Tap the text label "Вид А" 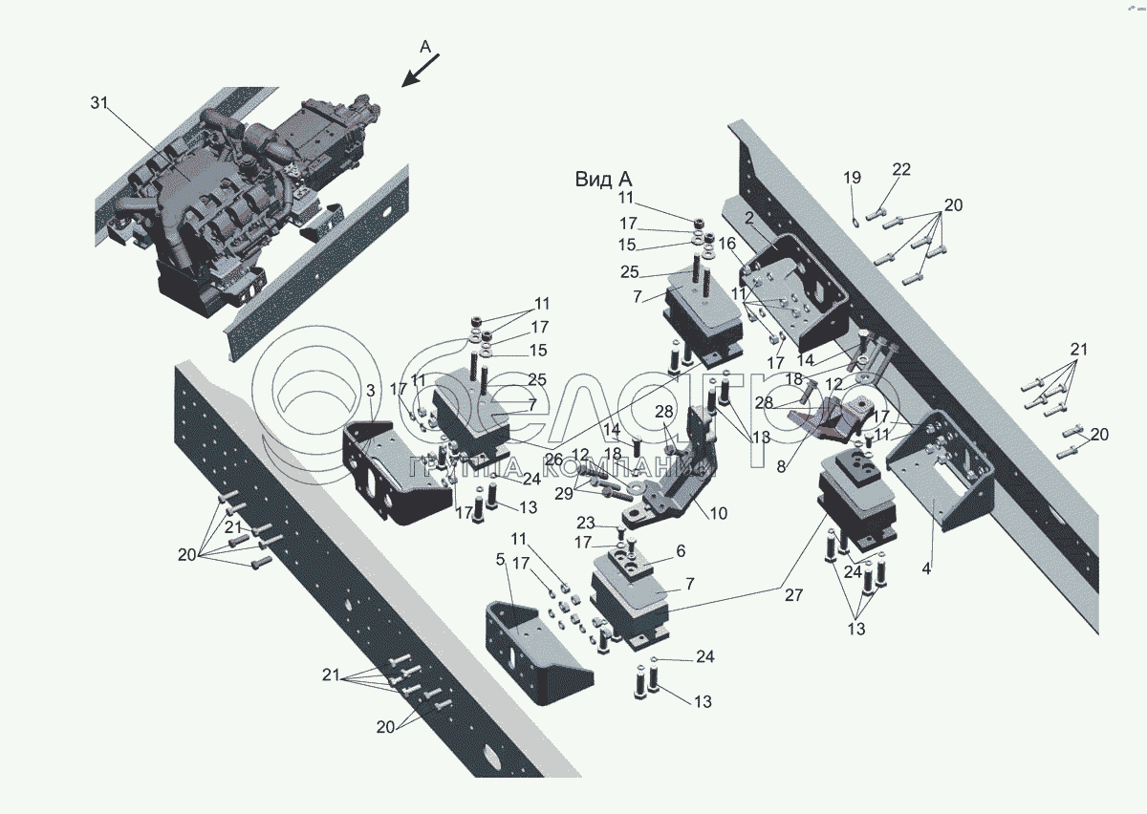[603, 179]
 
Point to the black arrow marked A [420, 71]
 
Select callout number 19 [852, 178]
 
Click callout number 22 [901, 170]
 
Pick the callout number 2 [749, 218]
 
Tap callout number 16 [728, 245]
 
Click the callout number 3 [370, 391]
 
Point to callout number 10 [718, 514]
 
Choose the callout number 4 [926, 569]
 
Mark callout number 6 [681, 551]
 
